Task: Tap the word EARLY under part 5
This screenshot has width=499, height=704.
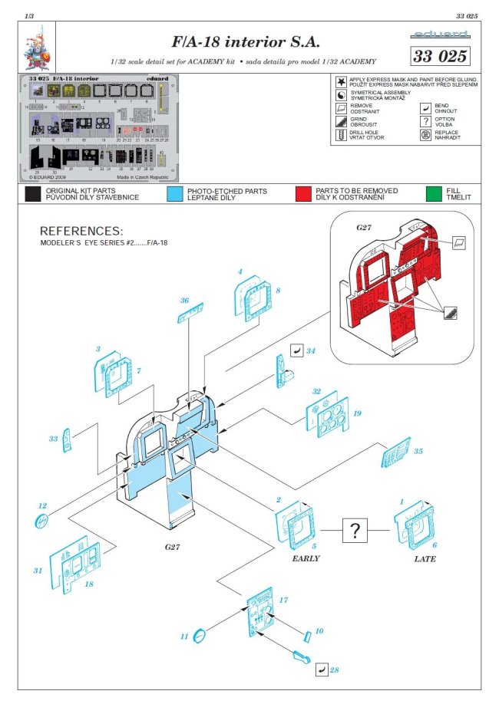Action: pos(306,558)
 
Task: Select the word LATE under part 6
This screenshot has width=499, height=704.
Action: pos(425,559)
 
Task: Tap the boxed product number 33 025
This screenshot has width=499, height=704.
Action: pos(439,57)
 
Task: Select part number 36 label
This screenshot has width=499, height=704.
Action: pos(184,301)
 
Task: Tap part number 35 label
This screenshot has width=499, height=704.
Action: pos(418,452)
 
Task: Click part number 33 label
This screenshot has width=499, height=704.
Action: pos(53,439)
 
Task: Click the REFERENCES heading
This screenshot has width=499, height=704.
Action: pos(81,231)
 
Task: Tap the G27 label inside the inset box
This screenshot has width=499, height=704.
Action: pos(364,228)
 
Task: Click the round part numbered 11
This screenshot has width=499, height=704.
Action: pos(198,635)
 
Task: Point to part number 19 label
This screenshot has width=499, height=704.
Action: pos(357,413)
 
